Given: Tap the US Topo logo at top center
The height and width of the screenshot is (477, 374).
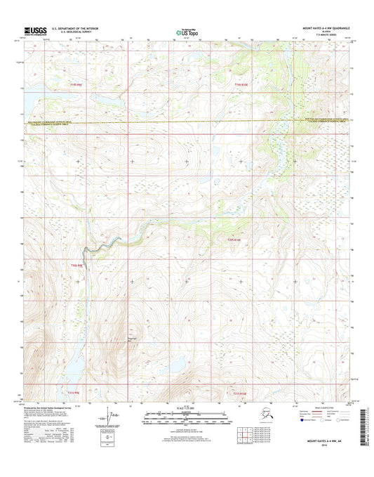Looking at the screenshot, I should (186, 31).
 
